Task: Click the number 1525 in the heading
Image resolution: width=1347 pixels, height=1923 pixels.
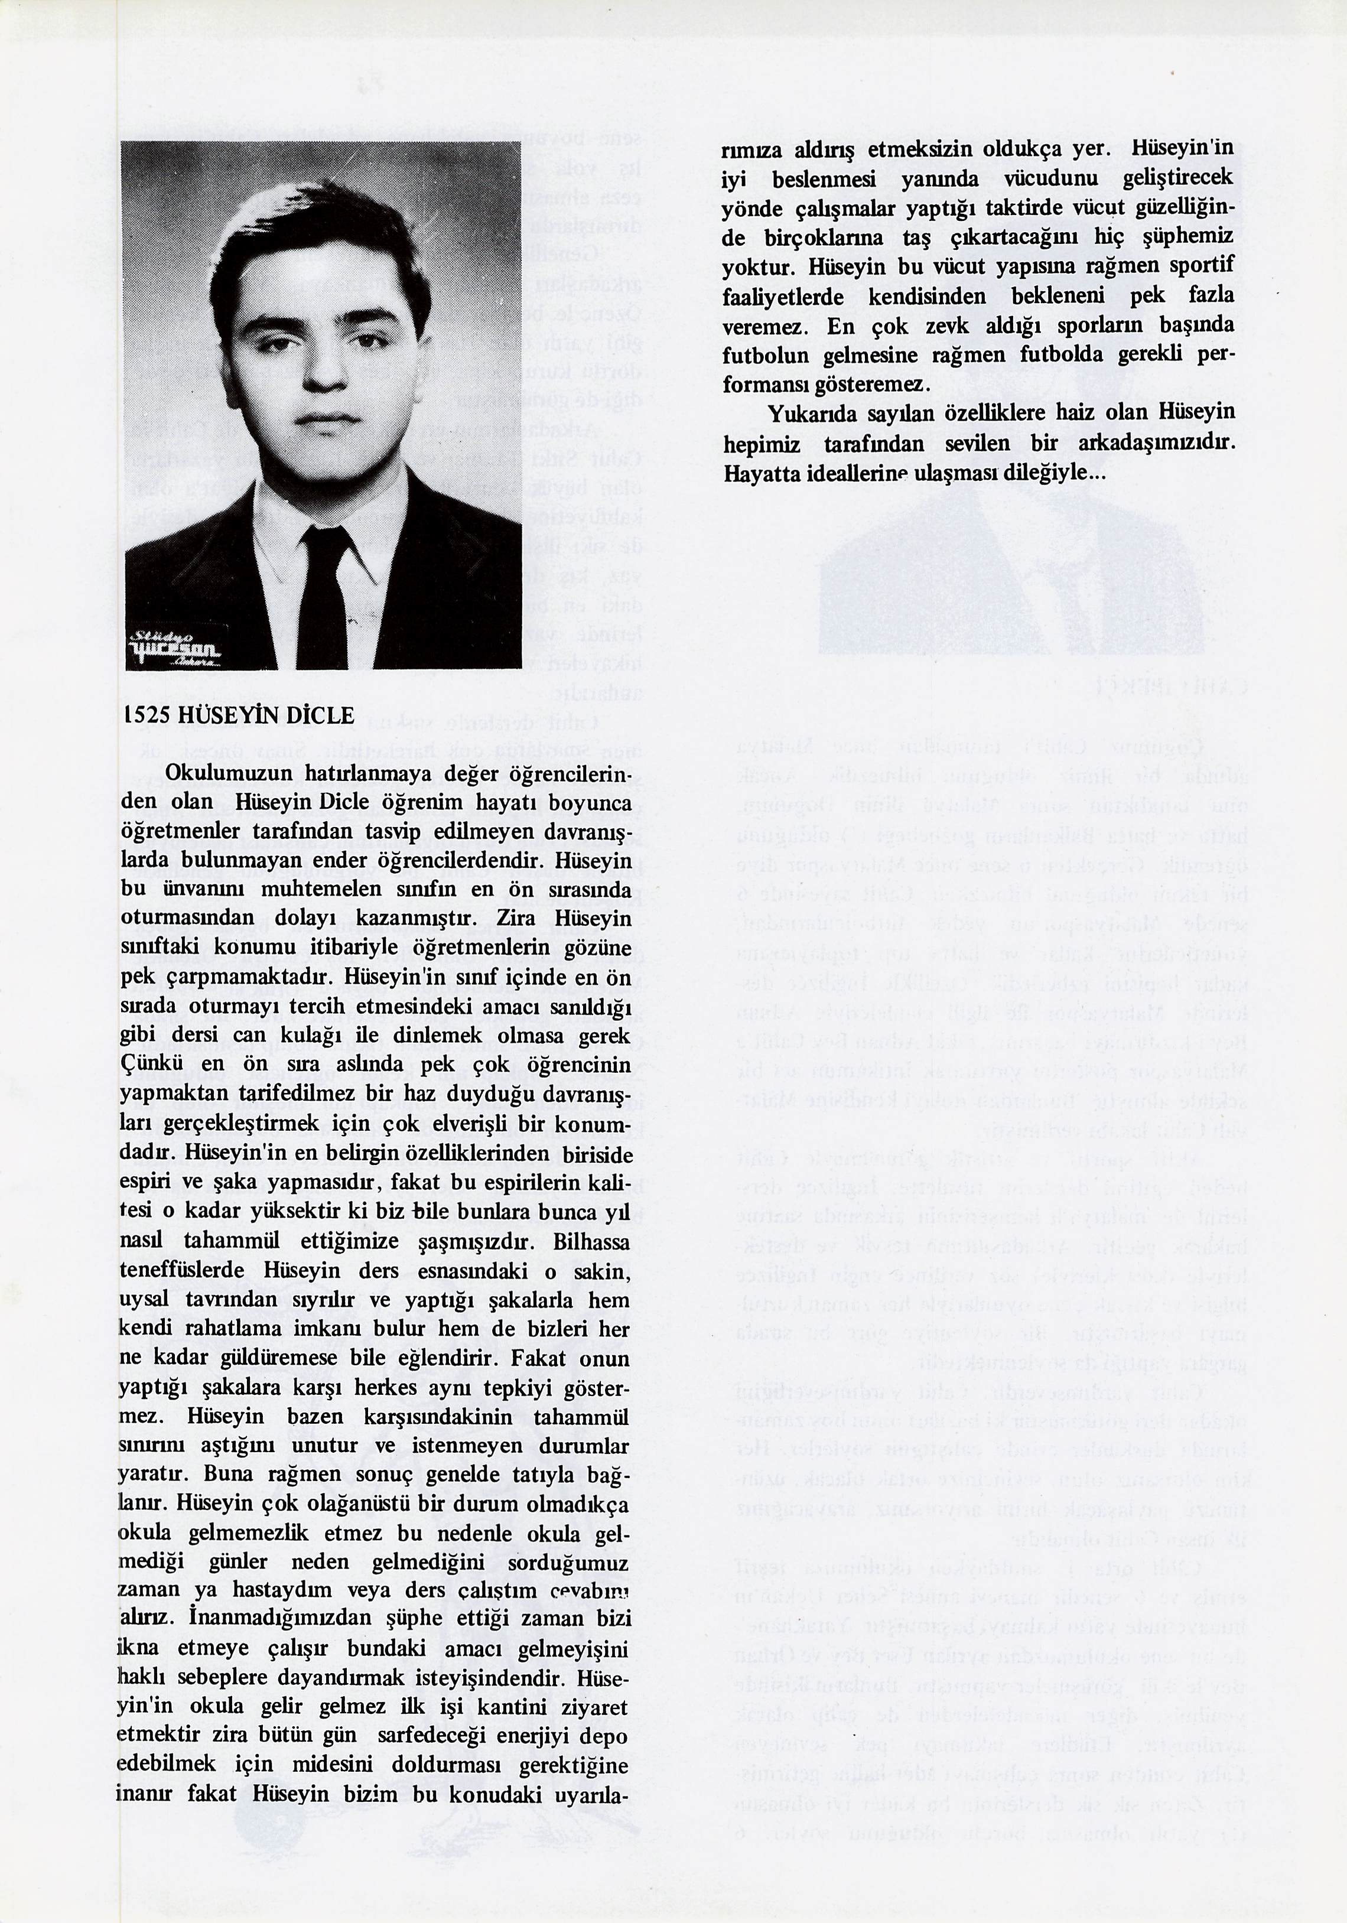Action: coord(143,716)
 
